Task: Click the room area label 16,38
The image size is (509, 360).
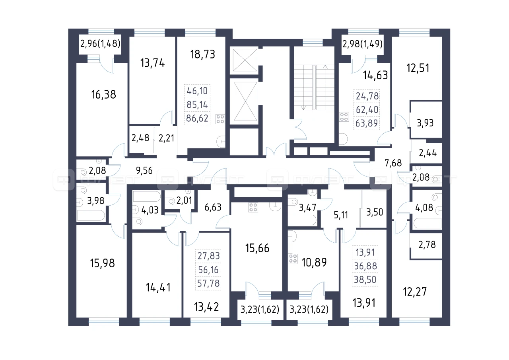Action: [104, 95]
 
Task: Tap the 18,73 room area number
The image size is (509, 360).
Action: [202, 54]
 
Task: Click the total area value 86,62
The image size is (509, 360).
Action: [197, 119]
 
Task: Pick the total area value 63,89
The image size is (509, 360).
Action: [367, 123]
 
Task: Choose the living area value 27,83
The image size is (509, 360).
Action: [209, 256]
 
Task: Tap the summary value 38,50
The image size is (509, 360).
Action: [365, 280]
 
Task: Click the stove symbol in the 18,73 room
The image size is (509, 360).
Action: [220, 119]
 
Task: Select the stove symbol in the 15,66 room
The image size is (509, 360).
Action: [253, 207]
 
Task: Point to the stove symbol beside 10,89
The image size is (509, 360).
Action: [293, 259]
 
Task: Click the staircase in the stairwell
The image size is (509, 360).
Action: [314, 88]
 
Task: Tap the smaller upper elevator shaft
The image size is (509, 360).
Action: [245, 60]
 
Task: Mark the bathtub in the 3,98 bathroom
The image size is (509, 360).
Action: [91, 216]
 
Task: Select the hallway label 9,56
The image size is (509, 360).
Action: [144, 171]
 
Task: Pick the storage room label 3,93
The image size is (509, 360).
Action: [425, 123]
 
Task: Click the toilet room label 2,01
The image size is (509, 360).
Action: [184, 200]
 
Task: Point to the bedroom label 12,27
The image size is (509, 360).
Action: [415, 292]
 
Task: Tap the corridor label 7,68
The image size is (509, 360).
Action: [393, 163]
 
